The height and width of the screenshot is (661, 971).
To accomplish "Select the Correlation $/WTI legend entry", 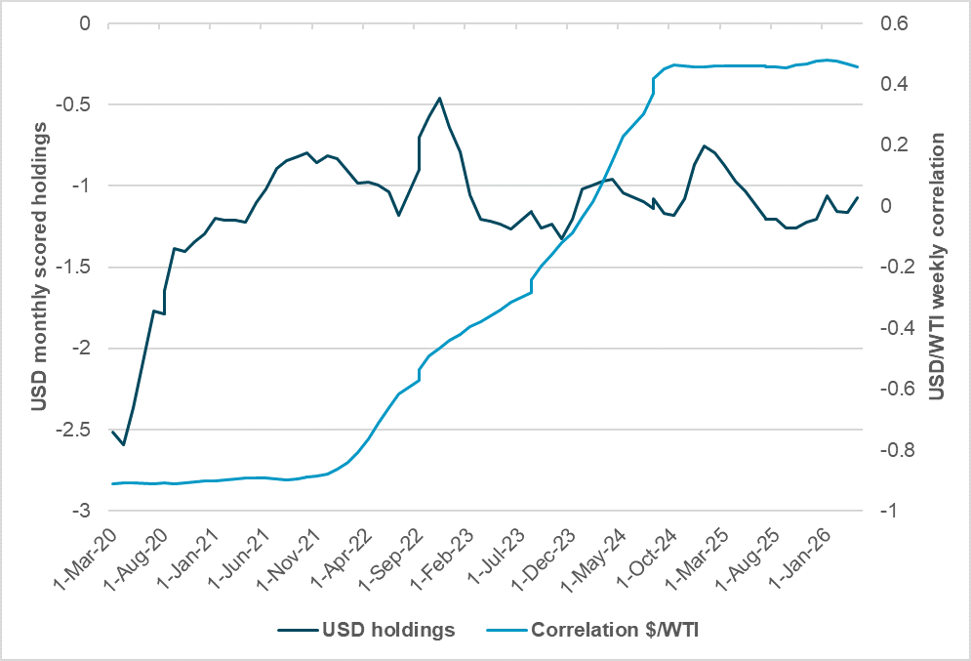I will click(615, 630).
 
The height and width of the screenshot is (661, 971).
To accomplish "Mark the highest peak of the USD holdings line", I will click(440, 98).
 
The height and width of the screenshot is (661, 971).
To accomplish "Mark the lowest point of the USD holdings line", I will click(123, 445).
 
